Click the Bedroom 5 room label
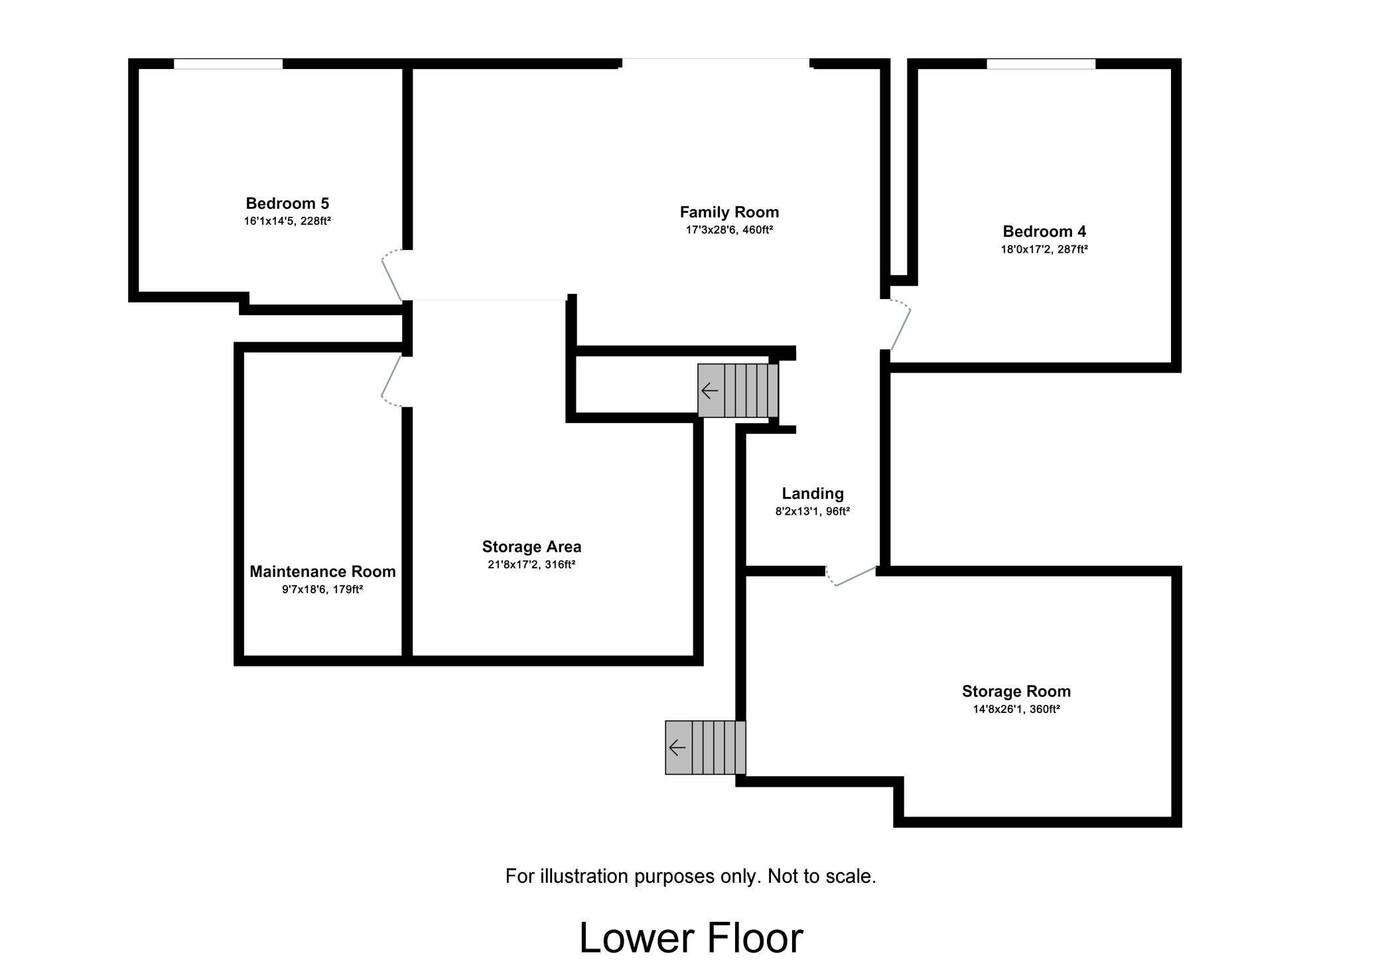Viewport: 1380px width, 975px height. (287, 204)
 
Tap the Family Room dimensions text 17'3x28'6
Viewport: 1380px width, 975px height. (712, 230)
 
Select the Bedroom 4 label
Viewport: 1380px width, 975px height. (1044, 231)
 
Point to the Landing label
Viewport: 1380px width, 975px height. (812, 493)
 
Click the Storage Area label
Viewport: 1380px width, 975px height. (531, 547)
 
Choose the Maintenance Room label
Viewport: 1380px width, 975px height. (322, 571)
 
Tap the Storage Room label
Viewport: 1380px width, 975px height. (1016, 691)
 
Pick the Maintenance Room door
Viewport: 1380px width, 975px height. (391, 378)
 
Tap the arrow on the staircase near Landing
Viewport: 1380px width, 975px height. (710, 391)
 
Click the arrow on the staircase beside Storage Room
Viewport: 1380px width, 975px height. (677, 747)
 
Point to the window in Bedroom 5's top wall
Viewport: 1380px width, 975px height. (228, 64)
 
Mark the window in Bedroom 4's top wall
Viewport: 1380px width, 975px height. (1040, 64)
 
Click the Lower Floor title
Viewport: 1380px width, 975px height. (691, 938)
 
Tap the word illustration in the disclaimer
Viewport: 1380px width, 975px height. (585, 876)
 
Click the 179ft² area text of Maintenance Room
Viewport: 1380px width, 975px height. (348, 589)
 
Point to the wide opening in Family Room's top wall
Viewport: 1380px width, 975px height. (716, 63)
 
